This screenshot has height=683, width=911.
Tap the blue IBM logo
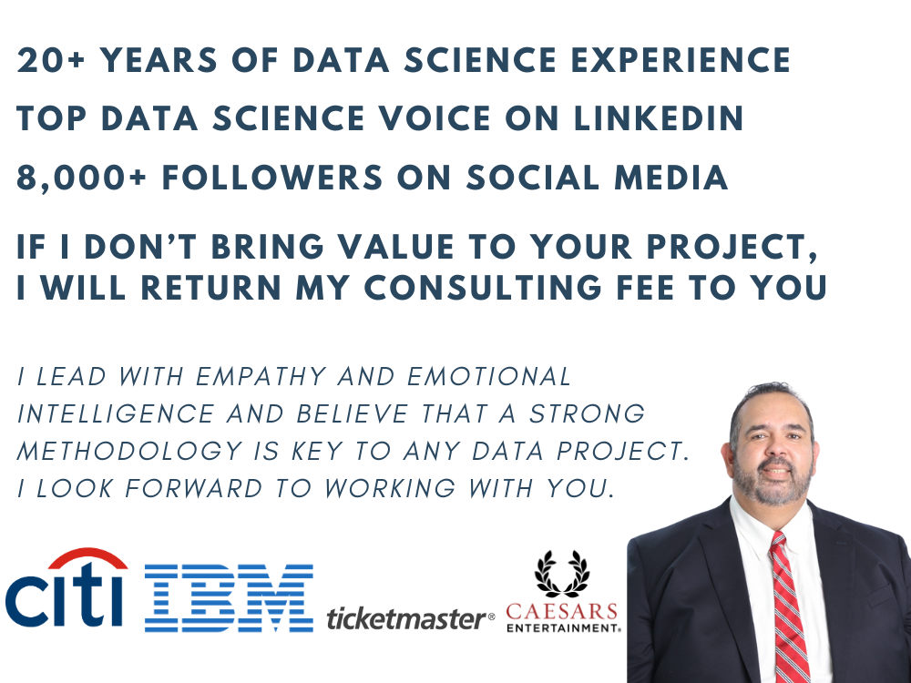(x=229, y=597)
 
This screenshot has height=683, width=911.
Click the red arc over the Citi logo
(x=87, y=559)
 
